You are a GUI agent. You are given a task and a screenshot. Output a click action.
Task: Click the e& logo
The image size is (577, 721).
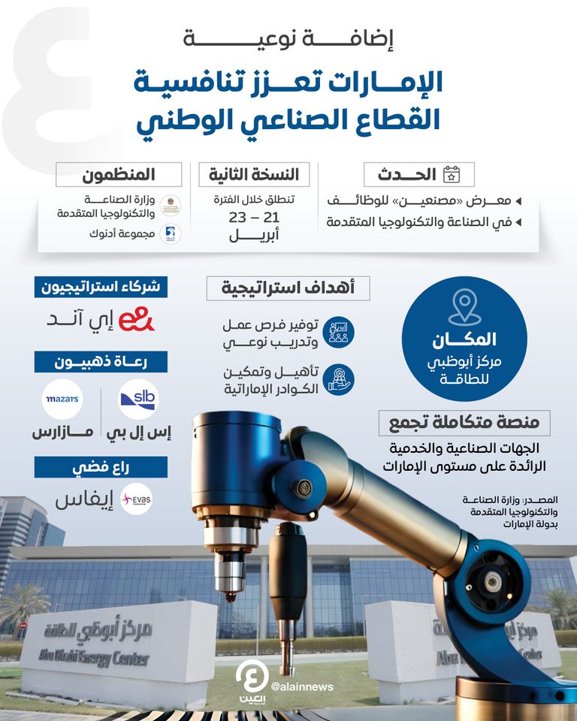(x=136, y=319)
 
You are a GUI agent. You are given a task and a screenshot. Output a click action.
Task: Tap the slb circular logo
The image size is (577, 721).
(x=138, y=399)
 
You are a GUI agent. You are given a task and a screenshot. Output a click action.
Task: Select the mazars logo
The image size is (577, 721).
(x=62, y=399)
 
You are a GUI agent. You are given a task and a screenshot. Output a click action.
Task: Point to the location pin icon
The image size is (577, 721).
(x=464, y=307)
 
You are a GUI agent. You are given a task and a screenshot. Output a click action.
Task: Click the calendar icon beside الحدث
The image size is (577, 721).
(x=452, y=175)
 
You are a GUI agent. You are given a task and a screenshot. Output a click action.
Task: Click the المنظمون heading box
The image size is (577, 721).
(x=119, y=175)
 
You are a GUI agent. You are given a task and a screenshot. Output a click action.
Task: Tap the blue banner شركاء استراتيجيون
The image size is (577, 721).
(x=101, y=286)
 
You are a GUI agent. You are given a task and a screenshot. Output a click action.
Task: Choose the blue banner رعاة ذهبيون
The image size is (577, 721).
(x=101, y=362)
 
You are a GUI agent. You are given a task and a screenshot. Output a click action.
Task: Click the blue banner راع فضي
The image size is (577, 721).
(x=101, y=466)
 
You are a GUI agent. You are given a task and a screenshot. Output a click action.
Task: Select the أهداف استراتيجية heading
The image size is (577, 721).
(x=288, y=288)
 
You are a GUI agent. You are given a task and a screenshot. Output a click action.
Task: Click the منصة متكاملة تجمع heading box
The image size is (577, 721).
(x=464, y=423)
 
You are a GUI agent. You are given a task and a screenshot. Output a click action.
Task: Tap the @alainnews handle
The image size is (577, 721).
(x=301, y=686)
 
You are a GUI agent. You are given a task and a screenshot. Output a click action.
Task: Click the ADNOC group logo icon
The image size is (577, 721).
(x=170, y=234)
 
